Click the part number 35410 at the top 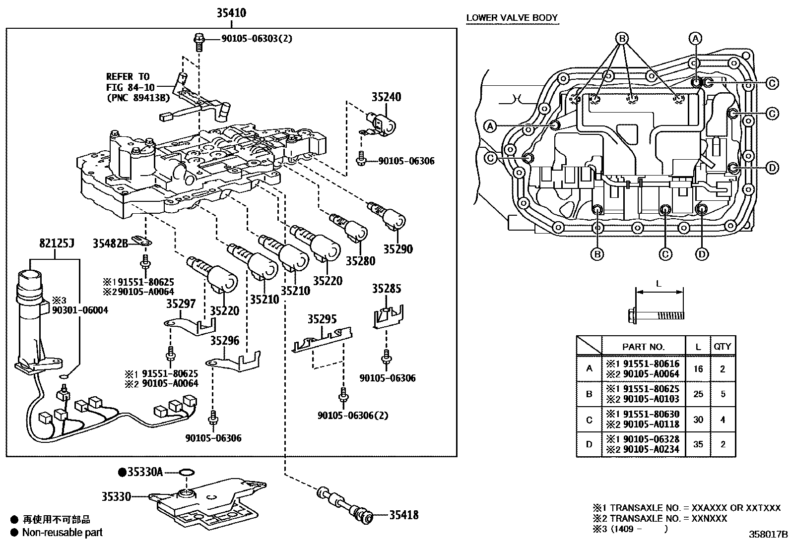(231, 13)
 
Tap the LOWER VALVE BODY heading (512, 18)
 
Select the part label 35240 (386, 97)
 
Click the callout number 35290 (398, 249)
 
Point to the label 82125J (57, 243)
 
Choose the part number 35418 (404, 515)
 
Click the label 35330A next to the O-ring (145, 472)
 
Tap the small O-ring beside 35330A (187, 472)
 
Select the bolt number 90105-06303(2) (257, 38)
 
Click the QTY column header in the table (723, 347)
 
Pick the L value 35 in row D (698, 444)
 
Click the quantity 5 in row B (723, 394)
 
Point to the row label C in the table (589, 420)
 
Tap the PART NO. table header (643, 347)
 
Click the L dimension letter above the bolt (658, 284)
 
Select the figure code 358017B (768, 535)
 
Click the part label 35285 (387, 289)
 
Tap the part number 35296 (225, 341)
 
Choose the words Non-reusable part (63, 532)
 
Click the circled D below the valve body (702, 254)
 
